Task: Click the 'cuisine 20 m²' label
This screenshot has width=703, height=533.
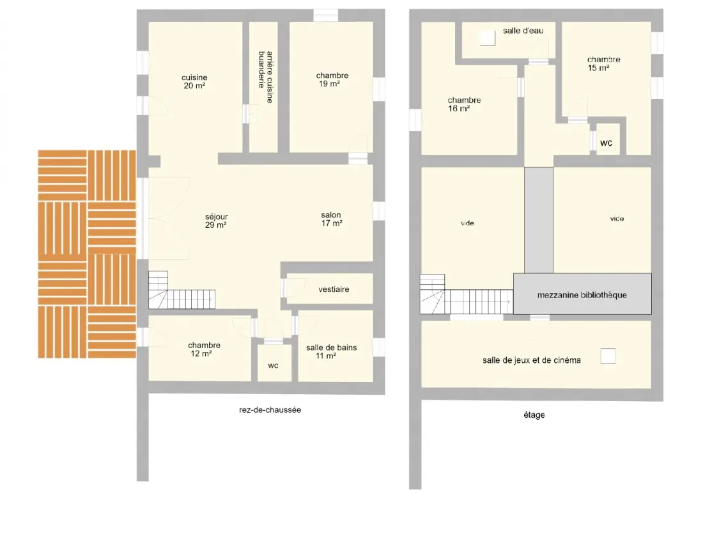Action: coord(194,82)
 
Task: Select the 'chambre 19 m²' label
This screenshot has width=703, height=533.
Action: coord(332,79)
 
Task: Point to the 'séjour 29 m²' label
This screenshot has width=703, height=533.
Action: coord(216,221)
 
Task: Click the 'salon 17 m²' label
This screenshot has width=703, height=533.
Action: coord(331,219)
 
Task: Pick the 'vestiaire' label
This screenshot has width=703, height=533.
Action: coord(334,290)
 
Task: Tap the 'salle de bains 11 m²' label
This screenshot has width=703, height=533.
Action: coord(331,351)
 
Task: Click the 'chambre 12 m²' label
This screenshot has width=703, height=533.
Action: coord(204,349)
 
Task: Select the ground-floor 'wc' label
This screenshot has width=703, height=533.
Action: coord(273,366)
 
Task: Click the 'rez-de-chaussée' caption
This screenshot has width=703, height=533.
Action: coord(270,410)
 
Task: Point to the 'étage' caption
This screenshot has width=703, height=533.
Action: coord(534,415)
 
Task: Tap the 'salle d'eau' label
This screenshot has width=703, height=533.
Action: coord(523,31)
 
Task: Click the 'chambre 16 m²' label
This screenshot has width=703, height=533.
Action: coord(464,104)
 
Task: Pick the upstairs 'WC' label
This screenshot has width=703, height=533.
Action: coord(606,143)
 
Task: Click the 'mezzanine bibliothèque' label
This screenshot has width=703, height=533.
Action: coord(582,295)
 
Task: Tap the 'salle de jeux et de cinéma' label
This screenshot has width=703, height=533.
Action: coord(531,360)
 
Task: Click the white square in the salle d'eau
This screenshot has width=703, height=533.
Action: coord(488,38)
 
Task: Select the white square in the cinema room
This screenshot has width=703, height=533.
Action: coord(608,356)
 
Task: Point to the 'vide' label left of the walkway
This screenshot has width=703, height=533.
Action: coord(467,223)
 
